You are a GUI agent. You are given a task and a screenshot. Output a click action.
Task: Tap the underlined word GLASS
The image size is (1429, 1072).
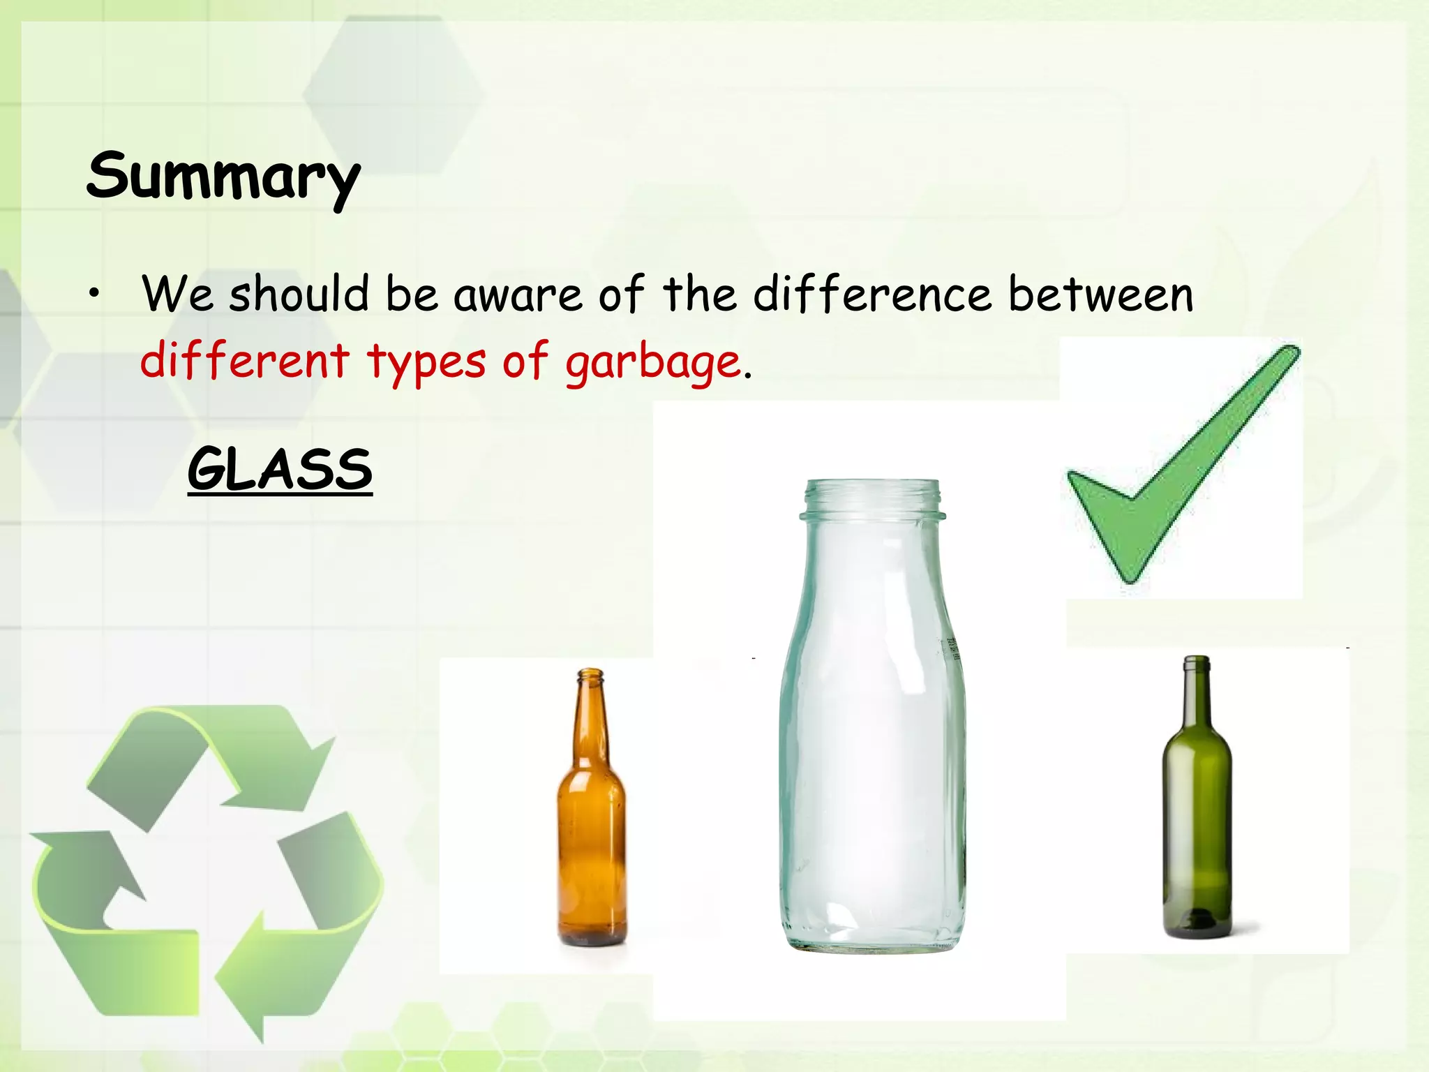[280, 469]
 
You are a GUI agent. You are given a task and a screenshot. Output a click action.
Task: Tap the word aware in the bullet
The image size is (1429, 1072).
[518, 295]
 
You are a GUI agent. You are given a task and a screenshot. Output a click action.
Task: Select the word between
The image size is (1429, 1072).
[1100, 295]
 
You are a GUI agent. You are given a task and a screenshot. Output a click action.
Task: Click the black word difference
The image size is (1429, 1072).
[872, 295]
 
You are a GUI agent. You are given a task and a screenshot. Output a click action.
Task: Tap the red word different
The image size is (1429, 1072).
[244, 362]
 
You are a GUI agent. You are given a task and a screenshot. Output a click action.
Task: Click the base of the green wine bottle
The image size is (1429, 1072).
[1197, 925]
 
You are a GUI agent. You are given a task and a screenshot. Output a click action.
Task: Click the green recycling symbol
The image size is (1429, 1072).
[206, 872]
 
